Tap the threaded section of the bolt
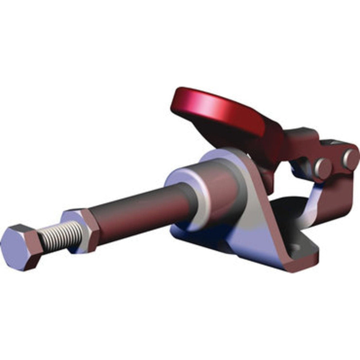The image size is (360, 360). point(61,237)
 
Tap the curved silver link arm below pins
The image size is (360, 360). point(310,201)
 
